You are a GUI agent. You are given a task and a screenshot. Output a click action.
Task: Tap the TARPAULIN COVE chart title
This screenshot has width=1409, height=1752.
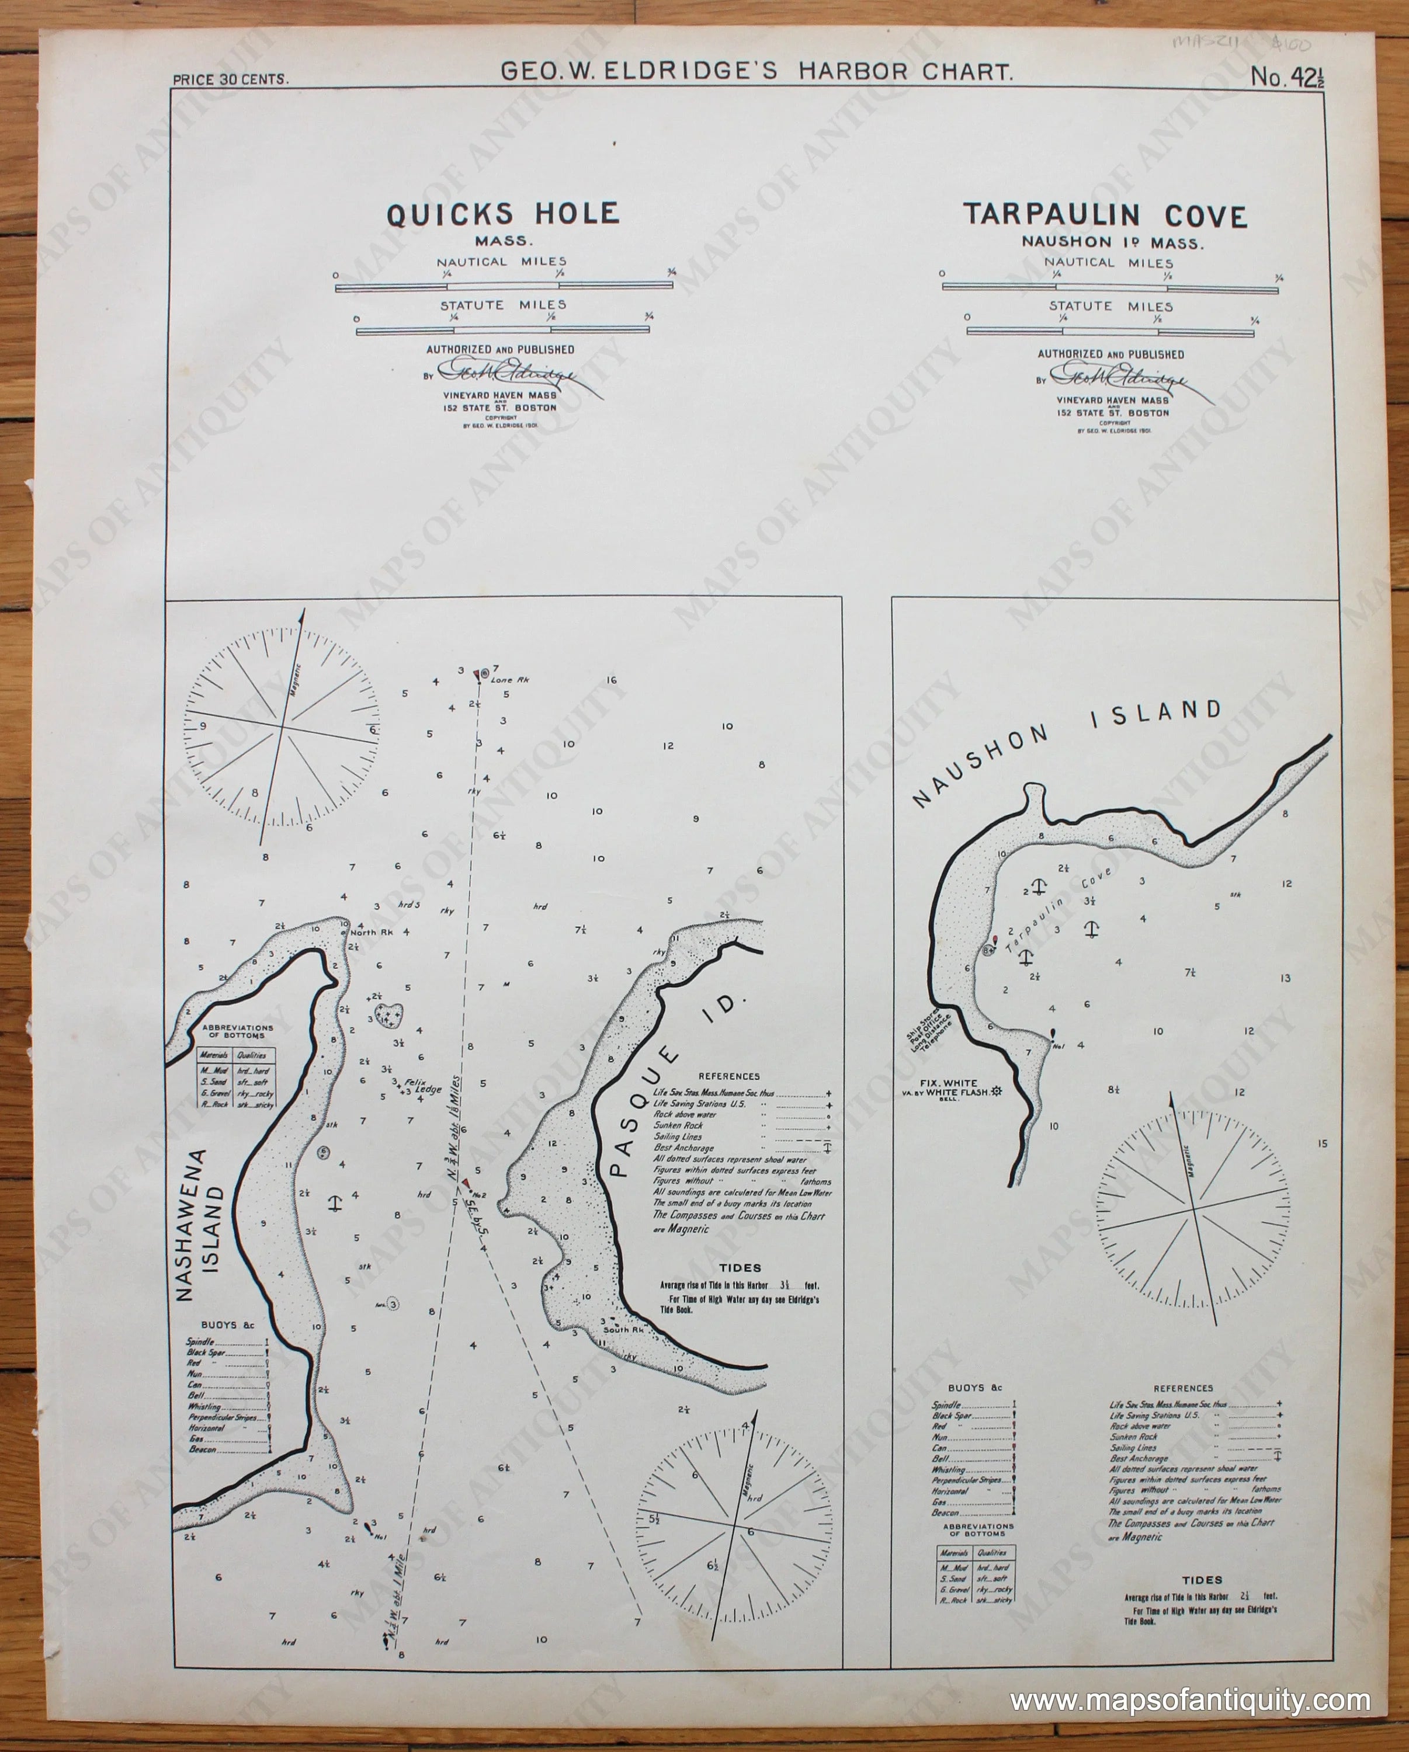[x=1105, y=216]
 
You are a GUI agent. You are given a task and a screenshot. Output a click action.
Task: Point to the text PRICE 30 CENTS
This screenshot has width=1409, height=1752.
[x=231, y=79]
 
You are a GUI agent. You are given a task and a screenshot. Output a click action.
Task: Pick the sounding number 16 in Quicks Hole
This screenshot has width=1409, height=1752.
[x=612, y=681]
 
